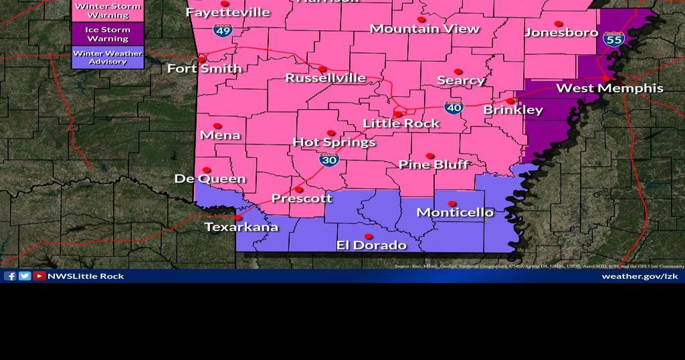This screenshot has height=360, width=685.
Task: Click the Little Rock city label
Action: (x=401, y=123)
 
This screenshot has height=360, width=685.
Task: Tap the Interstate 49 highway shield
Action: (x=222, y=29)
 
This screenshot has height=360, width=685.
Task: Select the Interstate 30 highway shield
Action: (x=328, y=159)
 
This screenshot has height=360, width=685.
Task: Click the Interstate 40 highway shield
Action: (x=454, y=106)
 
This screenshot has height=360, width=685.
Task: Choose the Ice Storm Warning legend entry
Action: (x=108, y=33)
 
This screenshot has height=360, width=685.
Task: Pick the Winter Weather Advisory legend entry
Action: (x=108, y=57)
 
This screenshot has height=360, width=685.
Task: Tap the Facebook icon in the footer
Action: (x=10, y=276)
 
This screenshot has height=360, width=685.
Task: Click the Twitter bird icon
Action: (x=25, y=276)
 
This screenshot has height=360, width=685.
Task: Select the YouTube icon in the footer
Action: (x=39, y=276)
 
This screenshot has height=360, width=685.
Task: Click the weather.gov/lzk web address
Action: (x=640, y=276)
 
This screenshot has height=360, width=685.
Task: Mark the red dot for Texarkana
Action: (x=238, y=217)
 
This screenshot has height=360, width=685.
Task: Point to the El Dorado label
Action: (x=371, y=246)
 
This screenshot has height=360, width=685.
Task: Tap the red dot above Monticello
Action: (x=452, y=203)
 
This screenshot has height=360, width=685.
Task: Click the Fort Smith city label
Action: (x=204, y=69)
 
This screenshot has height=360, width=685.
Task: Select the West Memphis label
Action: (x=609, y=88)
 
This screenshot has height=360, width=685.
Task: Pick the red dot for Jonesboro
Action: (x=559, y=23)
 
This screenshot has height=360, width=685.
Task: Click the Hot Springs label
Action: (x=334, y=143)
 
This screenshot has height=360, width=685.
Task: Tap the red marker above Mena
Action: (x=217, y=126)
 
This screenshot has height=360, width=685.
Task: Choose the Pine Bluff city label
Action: (x=433, y=165)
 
